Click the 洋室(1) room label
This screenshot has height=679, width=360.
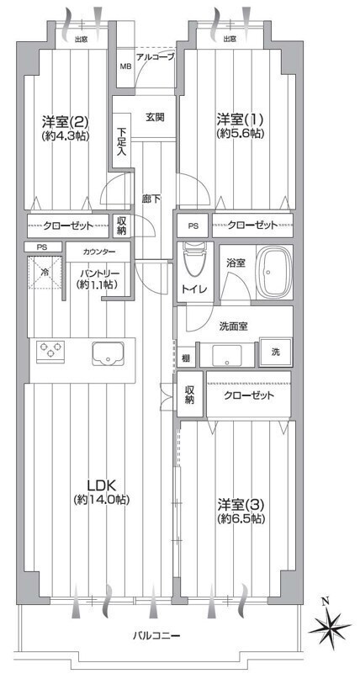241,119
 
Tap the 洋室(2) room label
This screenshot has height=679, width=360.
66,119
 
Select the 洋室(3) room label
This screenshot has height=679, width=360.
241,505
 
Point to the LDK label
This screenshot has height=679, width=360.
100,484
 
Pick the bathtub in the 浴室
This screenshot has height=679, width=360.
274,272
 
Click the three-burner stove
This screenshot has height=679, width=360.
50,350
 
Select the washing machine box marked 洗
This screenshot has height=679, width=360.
276,352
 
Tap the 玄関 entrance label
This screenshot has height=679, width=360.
155,116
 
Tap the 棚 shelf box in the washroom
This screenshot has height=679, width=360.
186,358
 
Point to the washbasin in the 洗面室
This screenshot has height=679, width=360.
226,356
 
